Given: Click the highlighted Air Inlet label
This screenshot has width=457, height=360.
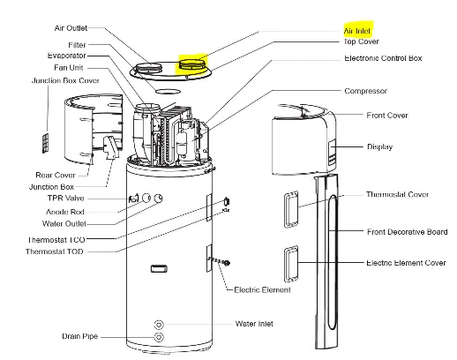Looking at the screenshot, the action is pos(356,31).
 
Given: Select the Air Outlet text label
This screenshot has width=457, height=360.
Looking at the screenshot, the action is pos(71,28).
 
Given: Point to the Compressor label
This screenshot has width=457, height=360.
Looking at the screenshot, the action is pos(365,91).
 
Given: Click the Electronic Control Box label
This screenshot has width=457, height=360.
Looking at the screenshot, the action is pos(383,58).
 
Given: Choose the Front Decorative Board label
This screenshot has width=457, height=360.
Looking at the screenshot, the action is pos(407,232).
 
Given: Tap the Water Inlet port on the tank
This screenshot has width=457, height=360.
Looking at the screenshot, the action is pos(159,325).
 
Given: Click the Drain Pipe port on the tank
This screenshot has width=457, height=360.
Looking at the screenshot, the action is pos(159,337).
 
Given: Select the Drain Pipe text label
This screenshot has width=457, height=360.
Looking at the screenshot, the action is pos(79,336).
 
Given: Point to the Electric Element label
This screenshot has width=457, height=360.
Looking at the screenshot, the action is pos(262,290).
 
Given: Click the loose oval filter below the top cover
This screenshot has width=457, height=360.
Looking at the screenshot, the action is pos(168,91).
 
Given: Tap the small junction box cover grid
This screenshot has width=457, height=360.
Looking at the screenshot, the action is pos(45,143).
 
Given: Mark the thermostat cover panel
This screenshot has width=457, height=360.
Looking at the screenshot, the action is pos(291,209).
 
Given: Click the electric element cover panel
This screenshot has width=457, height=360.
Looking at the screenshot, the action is pos(291,264).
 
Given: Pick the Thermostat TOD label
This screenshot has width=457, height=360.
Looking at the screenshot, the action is pos(55,251).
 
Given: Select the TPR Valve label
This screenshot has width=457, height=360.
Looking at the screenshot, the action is pos(66,198).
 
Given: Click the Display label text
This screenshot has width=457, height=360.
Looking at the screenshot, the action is pos(379,146).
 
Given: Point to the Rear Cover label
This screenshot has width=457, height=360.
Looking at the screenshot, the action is pos(56,175).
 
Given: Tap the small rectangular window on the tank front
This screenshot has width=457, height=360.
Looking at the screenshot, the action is pos(159,268).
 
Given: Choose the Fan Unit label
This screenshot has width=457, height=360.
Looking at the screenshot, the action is pos(69,68).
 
